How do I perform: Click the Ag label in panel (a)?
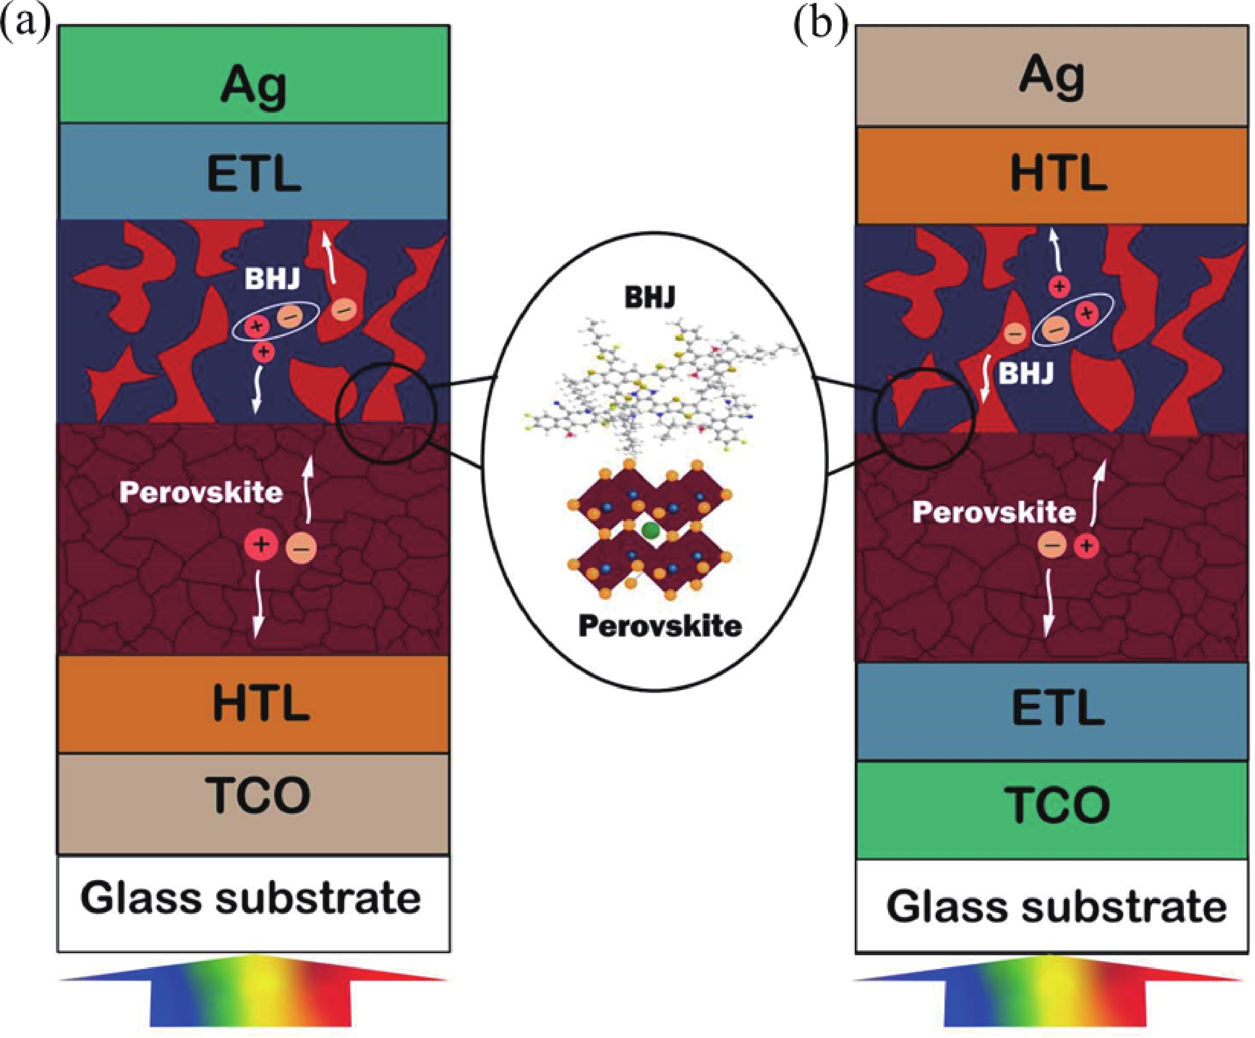254,85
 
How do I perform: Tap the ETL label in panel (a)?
254,173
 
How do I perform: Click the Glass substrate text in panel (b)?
1056,907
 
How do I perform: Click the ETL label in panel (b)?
1058,708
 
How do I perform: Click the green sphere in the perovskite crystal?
650,530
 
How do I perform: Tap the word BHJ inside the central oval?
650,297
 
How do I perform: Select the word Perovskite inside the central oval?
660,626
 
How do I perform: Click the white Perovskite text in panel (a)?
201,493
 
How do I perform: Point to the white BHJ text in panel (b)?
1026,374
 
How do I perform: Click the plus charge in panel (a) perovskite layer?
260,544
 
